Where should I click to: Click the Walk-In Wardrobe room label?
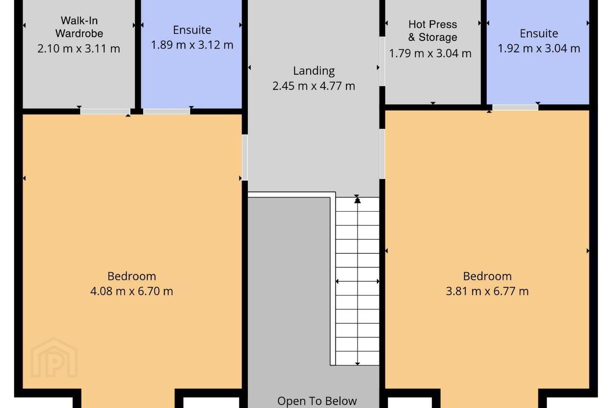79,27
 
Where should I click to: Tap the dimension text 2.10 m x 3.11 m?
79,48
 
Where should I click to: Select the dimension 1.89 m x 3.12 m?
192,45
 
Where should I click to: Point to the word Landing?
314,71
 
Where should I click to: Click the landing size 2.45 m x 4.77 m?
314,86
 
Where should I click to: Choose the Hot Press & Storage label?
433,31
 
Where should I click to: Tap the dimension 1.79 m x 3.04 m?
430,53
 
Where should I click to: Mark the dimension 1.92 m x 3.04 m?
539,48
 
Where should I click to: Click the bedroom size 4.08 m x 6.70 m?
131,291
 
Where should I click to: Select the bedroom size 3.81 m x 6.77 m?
487,291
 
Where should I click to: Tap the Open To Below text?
317,401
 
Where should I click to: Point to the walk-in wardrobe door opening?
105,111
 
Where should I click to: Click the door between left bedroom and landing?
245,157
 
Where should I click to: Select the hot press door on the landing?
382,62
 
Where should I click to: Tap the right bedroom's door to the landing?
382,154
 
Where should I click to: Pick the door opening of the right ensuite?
515,108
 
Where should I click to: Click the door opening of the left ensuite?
167,111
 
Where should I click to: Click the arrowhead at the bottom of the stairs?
357,363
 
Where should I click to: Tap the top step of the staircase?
357,204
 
